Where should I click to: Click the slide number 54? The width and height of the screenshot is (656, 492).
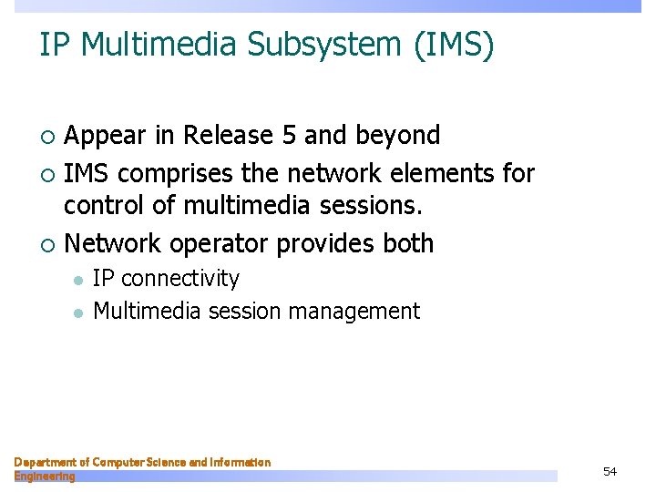pyautogui.click(x=610, y=471)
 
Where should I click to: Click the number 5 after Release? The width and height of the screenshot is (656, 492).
pyautogui.click(x=289, y=136)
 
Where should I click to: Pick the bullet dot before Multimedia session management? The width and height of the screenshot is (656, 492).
pyautogui.click(x=78, y=313)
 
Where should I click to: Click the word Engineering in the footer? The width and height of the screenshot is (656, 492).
pyautogui.click(x=45, y=476)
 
